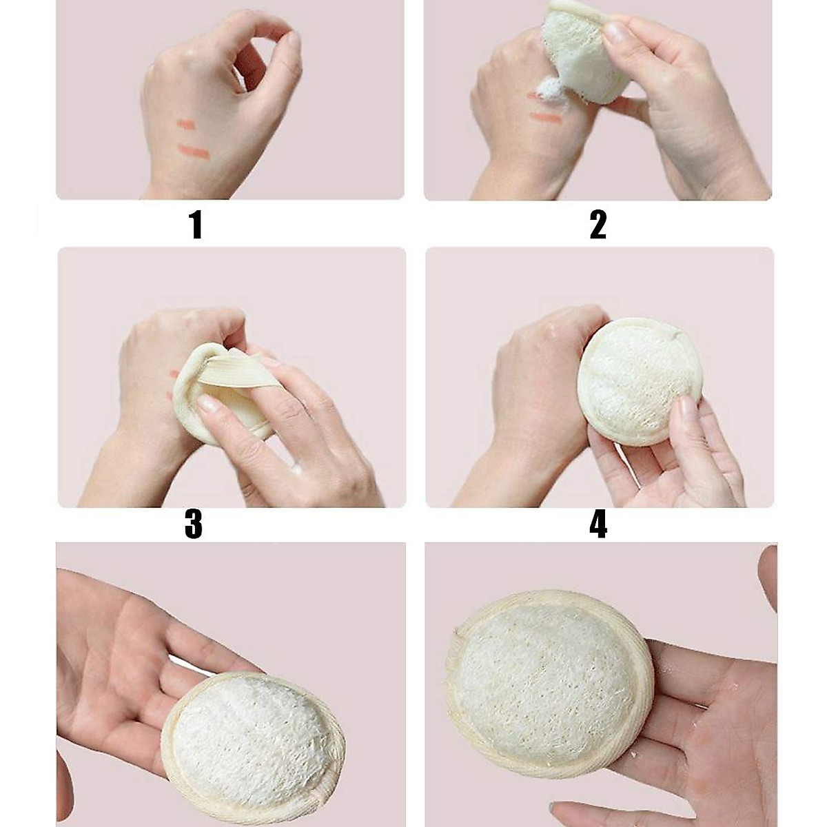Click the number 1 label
point(196,225)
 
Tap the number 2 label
point(598,225)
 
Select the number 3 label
point(194,525)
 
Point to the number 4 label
point(598,525)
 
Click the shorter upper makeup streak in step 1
point(185,125)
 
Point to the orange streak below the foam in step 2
point(546,118)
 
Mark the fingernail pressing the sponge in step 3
point(207,405)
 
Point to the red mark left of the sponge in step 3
point(173,374)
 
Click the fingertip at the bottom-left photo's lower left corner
point(64,786)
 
